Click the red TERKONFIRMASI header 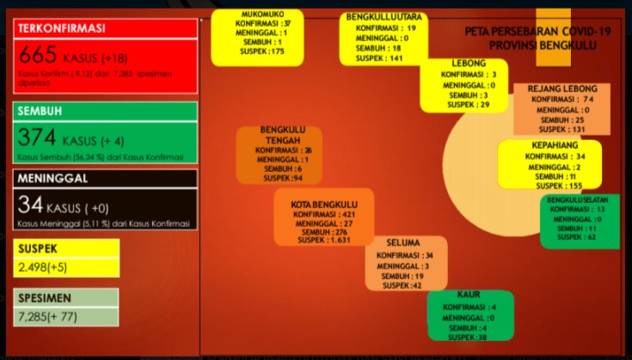click(x=62, y=28)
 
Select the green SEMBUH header click(x=42, y=112)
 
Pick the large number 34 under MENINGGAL click(x=31, y=204)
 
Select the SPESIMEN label click(x=44, y=297)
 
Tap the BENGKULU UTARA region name click(x=383, y=16)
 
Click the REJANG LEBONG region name click(x=561, y=88)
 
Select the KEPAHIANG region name click(x=554, y=145)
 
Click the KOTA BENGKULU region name click(x=323, y=204)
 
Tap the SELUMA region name click(x=402, y=243)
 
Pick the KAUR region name click(x=469, y=295)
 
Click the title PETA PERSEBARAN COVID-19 click(x=537, y=31)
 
